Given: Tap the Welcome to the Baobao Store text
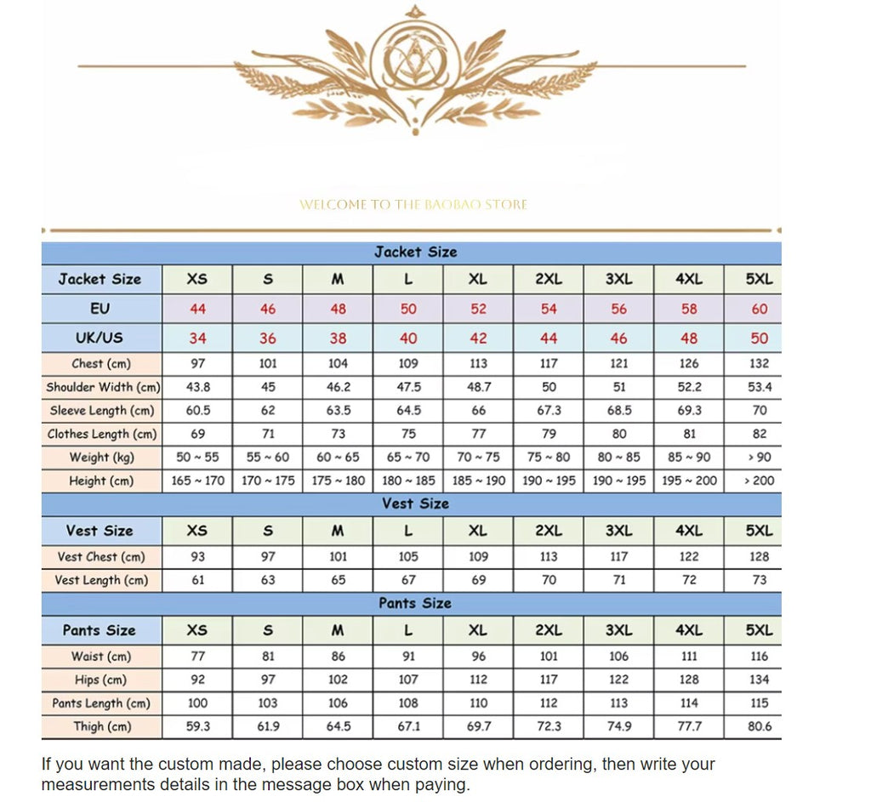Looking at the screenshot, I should pos(413,205).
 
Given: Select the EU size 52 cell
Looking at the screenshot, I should pos(479,309).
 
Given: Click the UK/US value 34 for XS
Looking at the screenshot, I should pos(197,338).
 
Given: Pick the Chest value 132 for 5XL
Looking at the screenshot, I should pos(759,363).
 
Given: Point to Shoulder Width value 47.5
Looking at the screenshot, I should pos(408,387).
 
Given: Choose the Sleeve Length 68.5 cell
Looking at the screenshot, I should pos(619,410).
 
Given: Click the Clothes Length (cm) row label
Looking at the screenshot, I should pos(102,434).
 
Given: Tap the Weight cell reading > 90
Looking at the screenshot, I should pos(759,457).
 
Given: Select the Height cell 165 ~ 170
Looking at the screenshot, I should pos(197,481).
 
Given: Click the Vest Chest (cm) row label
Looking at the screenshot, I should pos(101,557).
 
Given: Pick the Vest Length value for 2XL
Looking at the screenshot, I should pos(549,580).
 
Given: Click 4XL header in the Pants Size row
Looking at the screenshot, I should pos(689,630).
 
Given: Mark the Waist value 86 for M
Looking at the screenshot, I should pos(338,657).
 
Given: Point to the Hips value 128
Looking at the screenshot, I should pos(689,680).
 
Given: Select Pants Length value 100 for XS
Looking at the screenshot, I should pos(197,703).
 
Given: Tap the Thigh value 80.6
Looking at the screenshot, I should pos(759,726).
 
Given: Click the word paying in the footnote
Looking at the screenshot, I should pos(445,784).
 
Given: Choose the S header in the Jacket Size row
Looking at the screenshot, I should pos(268,279).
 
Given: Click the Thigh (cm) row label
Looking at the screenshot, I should pos(101,726).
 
